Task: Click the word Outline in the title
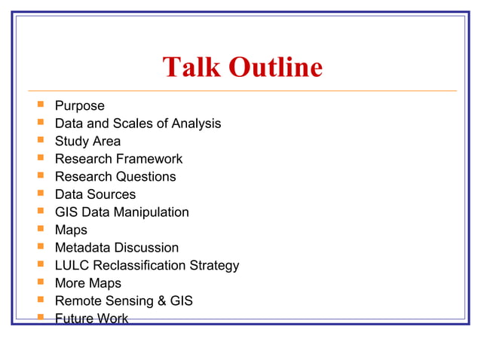[275, 68]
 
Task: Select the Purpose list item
[79, 105]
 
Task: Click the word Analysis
[196, 124]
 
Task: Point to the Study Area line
[87, 141]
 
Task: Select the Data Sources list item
[95, 194]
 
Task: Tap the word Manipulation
[152, 212]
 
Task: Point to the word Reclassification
[139, 266]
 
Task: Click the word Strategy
[214, 266]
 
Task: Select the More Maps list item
[87, 283]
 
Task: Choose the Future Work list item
[91, 319]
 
